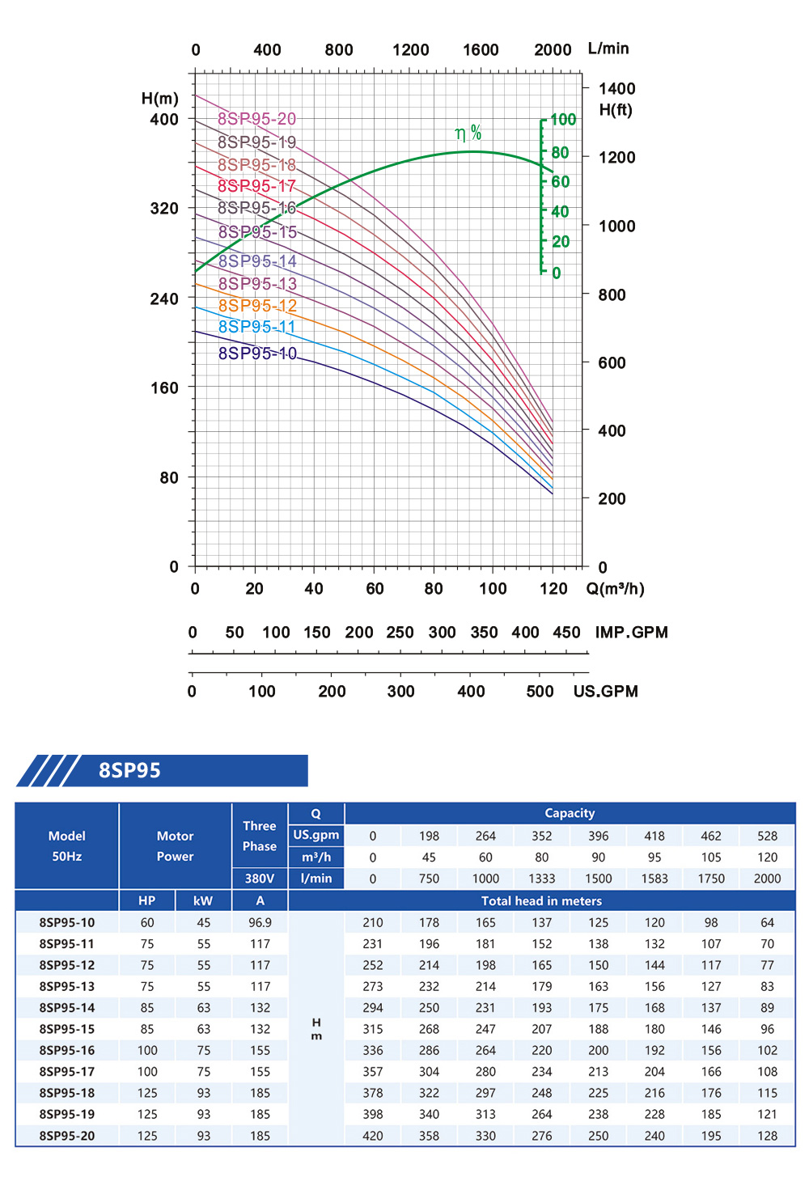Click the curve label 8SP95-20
[256, 119]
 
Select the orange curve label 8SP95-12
[257, 306]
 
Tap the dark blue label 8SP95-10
[257, 354]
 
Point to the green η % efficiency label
[468, 133]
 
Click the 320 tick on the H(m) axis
[164, 209]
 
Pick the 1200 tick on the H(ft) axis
[616, 158]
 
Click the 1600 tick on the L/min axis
[481, 50]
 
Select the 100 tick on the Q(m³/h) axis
[493, 589]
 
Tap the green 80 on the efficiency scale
[560, 153]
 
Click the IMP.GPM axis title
[631, 633]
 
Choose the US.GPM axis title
[605, 692]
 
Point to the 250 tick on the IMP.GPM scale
[400, 633]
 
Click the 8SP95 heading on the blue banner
[129, 771]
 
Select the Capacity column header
[570, 814]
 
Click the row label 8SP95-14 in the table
[67, 1008]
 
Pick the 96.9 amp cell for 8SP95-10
[260, 923]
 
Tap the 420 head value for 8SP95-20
[372, 1136]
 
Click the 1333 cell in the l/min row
[541, 879]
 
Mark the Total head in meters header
[541, 901]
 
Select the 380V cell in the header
[260, 879]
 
